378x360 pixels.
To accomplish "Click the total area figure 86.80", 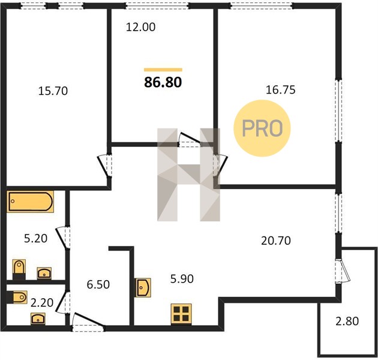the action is pos(163,82).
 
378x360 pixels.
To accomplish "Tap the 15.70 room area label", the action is pos(53,91).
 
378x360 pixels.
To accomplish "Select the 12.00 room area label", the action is pos(141,27).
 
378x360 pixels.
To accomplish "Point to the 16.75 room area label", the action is pos(281,89).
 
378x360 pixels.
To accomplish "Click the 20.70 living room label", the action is pos(276,241).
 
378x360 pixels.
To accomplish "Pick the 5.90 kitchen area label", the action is pos(182,279).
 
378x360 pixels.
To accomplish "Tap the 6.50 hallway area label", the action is pos(98,284).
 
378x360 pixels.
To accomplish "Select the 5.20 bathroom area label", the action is pos(35,238).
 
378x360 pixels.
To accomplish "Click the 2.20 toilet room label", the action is pos(42,302).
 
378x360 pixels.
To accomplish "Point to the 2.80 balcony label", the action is pos(347,321).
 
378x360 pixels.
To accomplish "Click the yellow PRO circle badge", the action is pos(262,128).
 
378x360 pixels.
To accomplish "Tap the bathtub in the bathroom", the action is pos(30,202).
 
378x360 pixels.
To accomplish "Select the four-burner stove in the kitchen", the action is pos(181,314).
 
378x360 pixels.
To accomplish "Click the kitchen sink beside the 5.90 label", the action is pos(143,287).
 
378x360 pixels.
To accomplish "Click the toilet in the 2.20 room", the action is pos(17,297).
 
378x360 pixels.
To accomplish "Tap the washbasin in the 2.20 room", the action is pos(38,319).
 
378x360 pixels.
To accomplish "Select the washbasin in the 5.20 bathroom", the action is pos(44,273).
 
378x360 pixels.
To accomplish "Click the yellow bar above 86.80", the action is pos(163,70).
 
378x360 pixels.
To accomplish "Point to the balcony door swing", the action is pos(344,271).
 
